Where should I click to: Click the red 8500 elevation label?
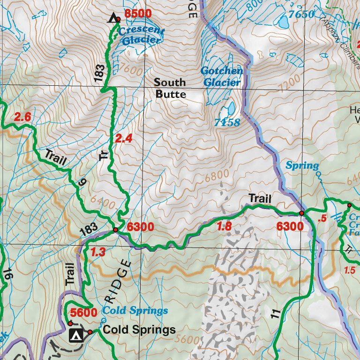point(138,14)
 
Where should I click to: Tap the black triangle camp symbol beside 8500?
point(112,18)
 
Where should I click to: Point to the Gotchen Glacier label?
point(221,76)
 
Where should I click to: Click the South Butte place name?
point(170,88)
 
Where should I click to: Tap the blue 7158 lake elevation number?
point(227,123)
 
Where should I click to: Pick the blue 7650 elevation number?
point(301,14)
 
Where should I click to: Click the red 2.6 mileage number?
point(22,117)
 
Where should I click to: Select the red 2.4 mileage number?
point(124,138)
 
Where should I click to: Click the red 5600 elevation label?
point(83,312)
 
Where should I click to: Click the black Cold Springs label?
point(139,330)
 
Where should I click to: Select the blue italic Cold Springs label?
point(135,311)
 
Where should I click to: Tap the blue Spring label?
point(302,165)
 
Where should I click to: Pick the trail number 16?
point(7,274)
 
